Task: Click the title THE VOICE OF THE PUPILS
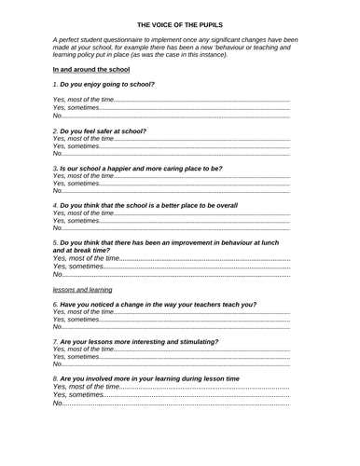pos(179,26)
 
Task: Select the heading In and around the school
pos(90,70)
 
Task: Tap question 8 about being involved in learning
pos(149,379)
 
